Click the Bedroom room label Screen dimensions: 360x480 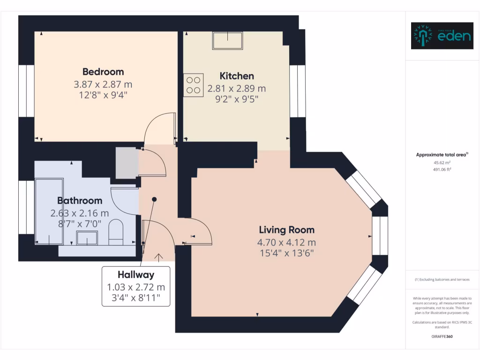coord(103,72)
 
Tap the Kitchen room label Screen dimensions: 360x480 coord(237,76)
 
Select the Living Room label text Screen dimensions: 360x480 coord(286,230)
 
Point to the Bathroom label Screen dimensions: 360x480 coord(80,201)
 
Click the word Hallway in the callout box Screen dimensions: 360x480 coord(136,275)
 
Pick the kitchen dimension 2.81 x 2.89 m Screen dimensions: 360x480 coord(237,88)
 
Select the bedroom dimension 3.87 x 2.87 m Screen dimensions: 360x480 coord(103,84)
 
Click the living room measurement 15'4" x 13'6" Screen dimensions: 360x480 coord(286,254)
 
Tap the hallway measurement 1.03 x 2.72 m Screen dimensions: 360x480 coord(136,287)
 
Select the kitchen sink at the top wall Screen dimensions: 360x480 coord(228,41)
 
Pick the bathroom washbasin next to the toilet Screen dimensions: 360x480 coord(87,238)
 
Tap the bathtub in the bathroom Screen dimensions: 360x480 coord(49,211)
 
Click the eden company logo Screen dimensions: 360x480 coord(442,36)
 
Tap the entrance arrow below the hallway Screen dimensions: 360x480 coord(158,257)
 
